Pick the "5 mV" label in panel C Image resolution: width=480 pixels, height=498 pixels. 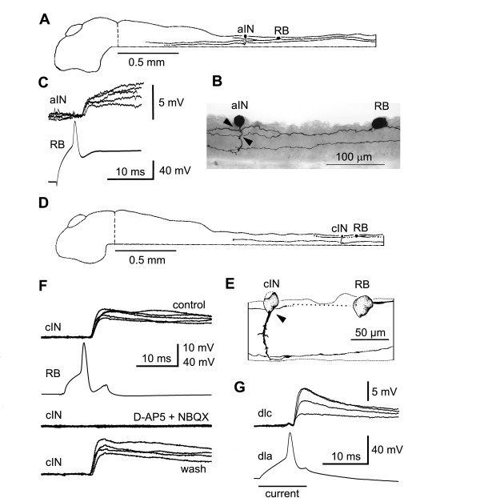click(176, 102)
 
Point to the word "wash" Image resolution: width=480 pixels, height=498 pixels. click(198, 473)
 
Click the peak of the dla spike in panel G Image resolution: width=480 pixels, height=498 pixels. click(292, 433)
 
